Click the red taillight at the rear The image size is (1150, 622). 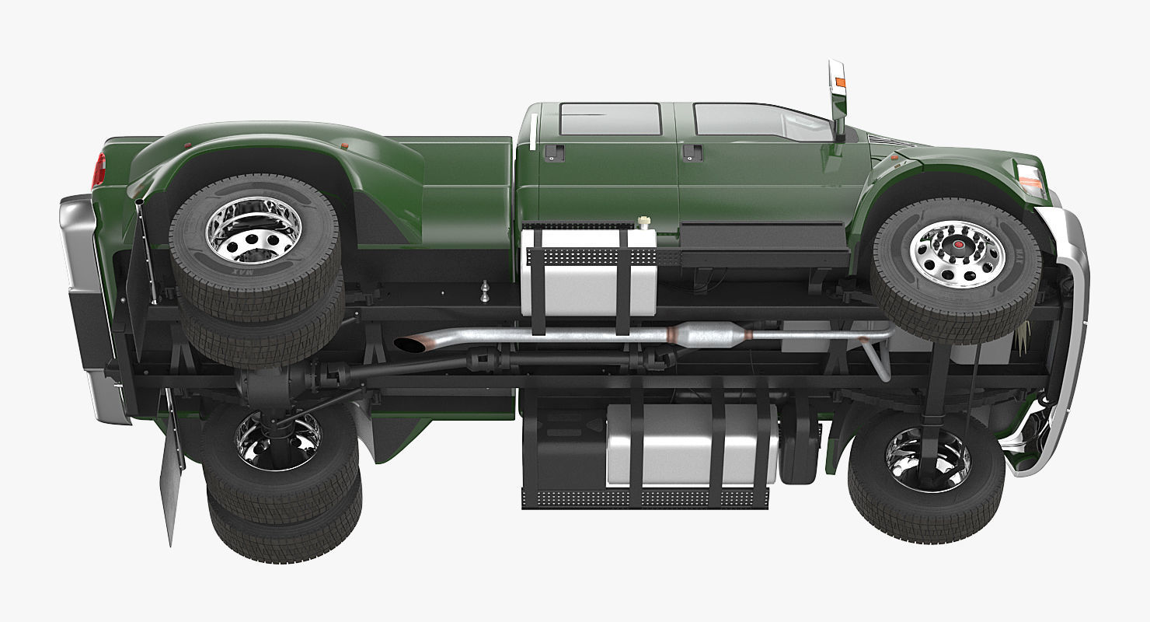[99, 171]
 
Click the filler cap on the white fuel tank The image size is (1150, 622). [643, 223]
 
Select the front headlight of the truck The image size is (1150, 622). [1030, 180]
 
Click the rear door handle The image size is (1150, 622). [554, 152]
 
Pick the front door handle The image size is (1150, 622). [692, 152]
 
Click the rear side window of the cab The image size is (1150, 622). [609, 119]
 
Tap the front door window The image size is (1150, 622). [758, 121]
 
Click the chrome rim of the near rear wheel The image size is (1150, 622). [242, 231]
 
